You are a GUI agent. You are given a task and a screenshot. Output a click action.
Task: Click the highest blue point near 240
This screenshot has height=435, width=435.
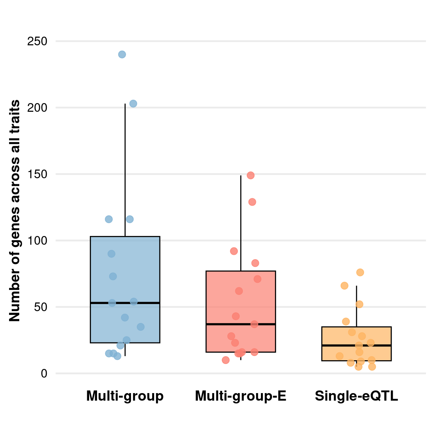tap(122, 54)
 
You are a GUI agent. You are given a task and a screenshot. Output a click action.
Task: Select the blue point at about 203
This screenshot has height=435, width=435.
tap(133, 103)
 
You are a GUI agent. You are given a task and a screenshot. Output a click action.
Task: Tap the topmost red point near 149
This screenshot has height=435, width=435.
tap(251, 175)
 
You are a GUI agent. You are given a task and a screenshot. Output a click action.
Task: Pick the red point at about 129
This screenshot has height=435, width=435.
tap(252, 202)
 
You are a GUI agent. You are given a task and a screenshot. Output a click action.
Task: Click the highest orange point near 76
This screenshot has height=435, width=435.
tap(360, 272)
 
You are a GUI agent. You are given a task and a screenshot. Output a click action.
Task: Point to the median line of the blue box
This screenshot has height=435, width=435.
tap(125, 303)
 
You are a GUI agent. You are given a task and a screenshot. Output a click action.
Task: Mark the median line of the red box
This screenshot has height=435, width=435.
tap(241, 324)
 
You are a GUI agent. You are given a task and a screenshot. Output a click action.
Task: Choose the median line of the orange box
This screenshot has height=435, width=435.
tap(356, 345)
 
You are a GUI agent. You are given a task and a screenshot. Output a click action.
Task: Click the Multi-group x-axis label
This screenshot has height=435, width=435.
tap(125, 396)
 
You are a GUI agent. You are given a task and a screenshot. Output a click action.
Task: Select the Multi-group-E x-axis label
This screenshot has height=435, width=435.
tap(241, 396)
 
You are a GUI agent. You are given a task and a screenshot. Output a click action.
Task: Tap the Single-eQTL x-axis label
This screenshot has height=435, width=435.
tap(356, 396)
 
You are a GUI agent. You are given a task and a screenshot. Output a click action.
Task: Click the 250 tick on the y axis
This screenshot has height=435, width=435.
tap(37, 41)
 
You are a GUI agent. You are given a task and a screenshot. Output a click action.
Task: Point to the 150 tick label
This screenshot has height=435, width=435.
tap(37, 174)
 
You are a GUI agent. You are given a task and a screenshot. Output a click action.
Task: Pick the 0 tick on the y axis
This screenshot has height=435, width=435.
tap(44, 373)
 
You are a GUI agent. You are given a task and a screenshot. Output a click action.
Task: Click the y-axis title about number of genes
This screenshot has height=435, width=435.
tap(15, 210)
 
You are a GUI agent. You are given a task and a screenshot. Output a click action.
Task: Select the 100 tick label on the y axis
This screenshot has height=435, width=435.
tap(37, 241)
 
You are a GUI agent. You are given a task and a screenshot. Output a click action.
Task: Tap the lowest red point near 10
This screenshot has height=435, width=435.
tap(226, 360)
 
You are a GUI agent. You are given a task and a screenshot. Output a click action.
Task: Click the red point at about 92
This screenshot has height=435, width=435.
tap(234, 251)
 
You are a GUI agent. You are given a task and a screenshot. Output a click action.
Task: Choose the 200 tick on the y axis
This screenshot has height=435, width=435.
tap(37, 108)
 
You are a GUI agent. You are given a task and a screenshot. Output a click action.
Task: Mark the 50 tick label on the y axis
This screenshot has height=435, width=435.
tap(40, 307)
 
